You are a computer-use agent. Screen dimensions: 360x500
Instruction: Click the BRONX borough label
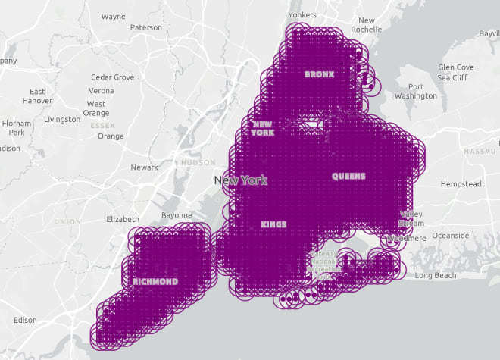pyautogui.click(x=319, y=74)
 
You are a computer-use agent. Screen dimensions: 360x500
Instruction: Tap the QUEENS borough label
pyautogui.click(x=348, y=176)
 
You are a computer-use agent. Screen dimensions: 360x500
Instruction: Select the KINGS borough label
pyautogui.click(x=273, y=224)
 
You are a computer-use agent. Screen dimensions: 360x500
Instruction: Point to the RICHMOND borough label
pyautogui.click(x=155, y=281)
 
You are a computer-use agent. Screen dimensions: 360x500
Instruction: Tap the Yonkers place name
pyautogui.click(x=302, y=15)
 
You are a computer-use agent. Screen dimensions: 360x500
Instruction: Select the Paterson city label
pyautogui.click(x=146, y=27)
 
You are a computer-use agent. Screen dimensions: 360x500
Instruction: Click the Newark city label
pyautogui.click(x=144, y=167)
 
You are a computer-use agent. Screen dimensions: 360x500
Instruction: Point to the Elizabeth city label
pyautogui.click(x=123, y=219)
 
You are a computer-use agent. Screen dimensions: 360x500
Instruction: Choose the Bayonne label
pyautogui.click(x=177, y=215)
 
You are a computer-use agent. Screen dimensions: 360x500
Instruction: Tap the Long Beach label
pyautogui.click(x=436, y=275)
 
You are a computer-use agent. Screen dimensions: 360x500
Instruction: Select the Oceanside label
pyautogui.click(x=450, y=236)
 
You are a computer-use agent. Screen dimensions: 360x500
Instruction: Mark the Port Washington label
pyautogui.click(x=416, y=91)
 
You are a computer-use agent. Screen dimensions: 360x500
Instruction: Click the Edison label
pyautogui.click(x=25, y=320)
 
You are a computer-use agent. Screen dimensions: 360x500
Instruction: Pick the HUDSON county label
pyautogui.click(x=198, y=162)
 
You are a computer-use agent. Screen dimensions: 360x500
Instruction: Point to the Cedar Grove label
pyautogui.click(x=112, y=77)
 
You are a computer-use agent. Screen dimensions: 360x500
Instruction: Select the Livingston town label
pyautogui.click(x=62, y=119)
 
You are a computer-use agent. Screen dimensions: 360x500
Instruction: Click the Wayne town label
pyautogui.click(x=113, y=16)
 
